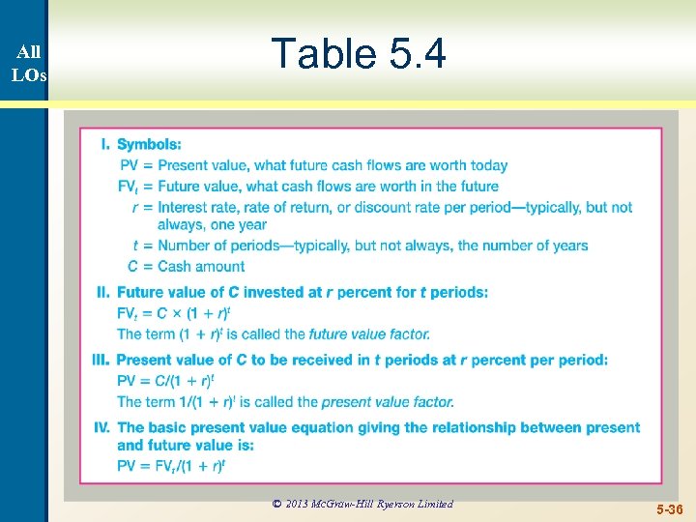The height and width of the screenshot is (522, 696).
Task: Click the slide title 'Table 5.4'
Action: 359,54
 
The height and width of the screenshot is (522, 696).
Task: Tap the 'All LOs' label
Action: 28,64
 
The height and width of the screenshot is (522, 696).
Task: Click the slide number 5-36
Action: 667,507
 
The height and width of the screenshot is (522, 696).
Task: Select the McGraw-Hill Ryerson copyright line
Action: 362,504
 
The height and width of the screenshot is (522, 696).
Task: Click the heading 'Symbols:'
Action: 149,145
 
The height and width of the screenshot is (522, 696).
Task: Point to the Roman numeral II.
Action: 103,292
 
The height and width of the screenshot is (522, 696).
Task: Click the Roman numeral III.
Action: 101,360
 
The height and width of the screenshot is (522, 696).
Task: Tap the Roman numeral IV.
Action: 101,427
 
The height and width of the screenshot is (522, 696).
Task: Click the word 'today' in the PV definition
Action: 488,166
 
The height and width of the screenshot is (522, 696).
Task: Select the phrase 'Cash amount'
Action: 201,267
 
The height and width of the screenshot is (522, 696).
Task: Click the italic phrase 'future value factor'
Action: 369,334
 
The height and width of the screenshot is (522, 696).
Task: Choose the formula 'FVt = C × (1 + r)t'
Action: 174,314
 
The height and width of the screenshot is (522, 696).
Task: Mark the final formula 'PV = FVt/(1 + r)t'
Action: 171,466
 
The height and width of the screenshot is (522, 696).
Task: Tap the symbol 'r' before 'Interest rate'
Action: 136,207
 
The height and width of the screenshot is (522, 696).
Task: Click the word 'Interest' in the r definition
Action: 186,207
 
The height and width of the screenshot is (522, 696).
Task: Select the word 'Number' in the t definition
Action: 185,246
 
